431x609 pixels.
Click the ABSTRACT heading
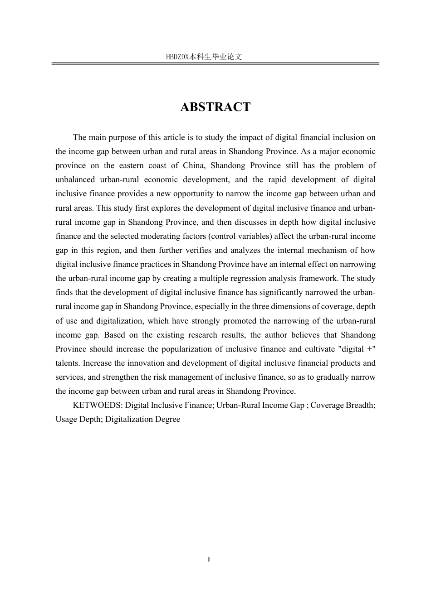click(215, 107)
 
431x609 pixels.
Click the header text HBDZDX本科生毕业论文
click(204, 57)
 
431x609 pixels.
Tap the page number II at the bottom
click(209, 560)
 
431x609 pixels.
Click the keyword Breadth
click(360, 405)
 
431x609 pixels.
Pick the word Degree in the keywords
click(167, 419)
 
